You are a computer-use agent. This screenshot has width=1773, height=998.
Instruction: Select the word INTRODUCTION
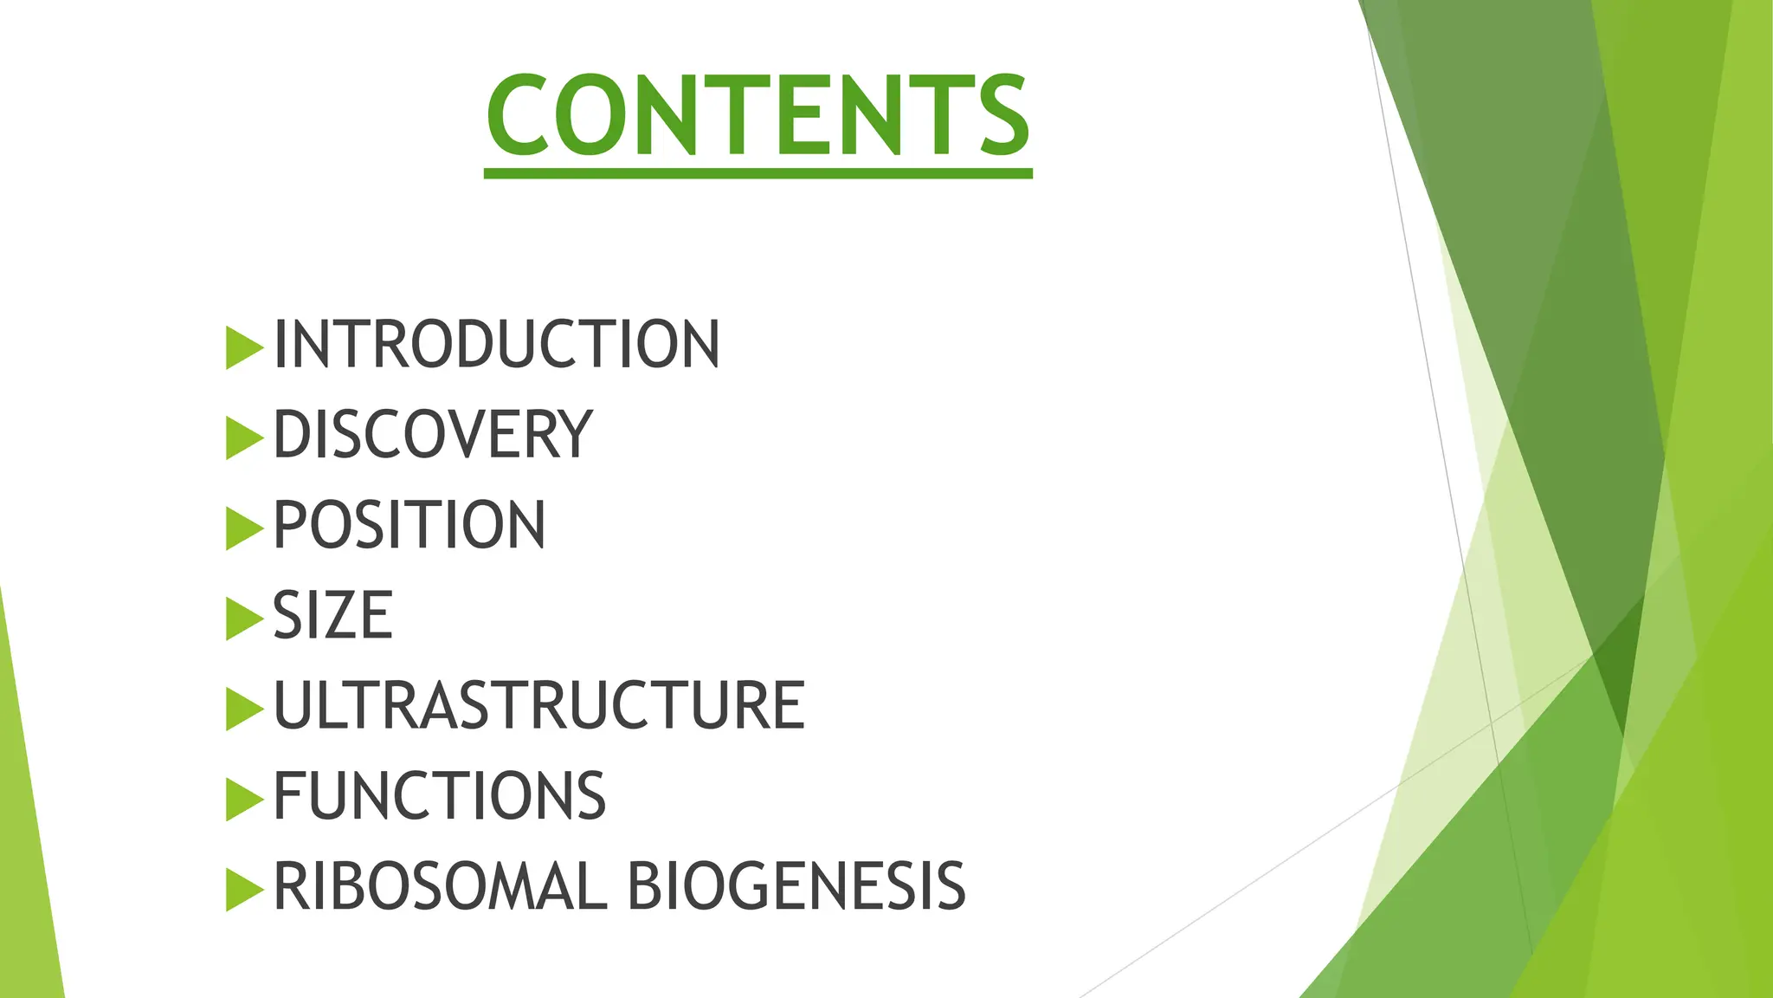coord(496,345)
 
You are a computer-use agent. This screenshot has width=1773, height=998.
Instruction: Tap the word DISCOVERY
coord(433,435)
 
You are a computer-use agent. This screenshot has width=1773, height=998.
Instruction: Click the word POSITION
coord(409,525)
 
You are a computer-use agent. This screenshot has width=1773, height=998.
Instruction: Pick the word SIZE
coord(333,616)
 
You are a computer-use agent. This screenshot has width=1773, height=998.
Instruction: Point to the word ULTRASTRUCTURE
coord(539,706)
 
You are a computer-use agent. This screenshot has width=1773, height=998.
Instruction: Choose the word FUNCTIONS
coord(440,796)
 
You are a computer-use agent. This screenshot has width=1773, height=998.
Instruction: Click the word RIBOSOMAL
coord(440,886)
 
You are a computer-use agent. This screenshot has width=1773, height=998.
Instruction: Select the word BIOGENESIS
coord(796,886)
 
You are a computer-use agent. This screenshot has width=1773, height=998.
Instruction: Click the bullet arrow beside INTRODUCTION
coord(243,348)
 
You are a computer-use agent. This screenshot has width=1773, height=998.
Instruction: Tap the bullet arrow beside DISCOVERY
coord(243,438)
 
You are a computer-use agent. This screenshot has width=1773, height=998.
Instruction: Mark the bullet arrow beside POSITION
coord(243,528)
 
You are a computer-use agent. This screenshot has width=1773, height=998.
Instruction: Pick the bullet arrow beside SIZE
coord(243,619)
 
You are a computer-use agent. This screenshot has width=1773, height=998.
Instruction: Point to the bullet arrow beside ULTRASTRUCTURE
coord(243,709)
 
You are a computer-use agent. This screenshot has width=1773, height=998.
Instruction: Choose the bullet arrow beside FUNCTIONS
coord(243,799)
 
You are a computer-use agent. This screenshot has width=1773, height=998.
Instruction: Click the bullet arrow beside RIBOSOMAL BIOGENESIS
coord(243,889)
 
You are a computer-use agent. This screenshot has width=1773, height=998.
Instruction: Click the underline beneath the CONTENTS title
coord(758,174)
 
